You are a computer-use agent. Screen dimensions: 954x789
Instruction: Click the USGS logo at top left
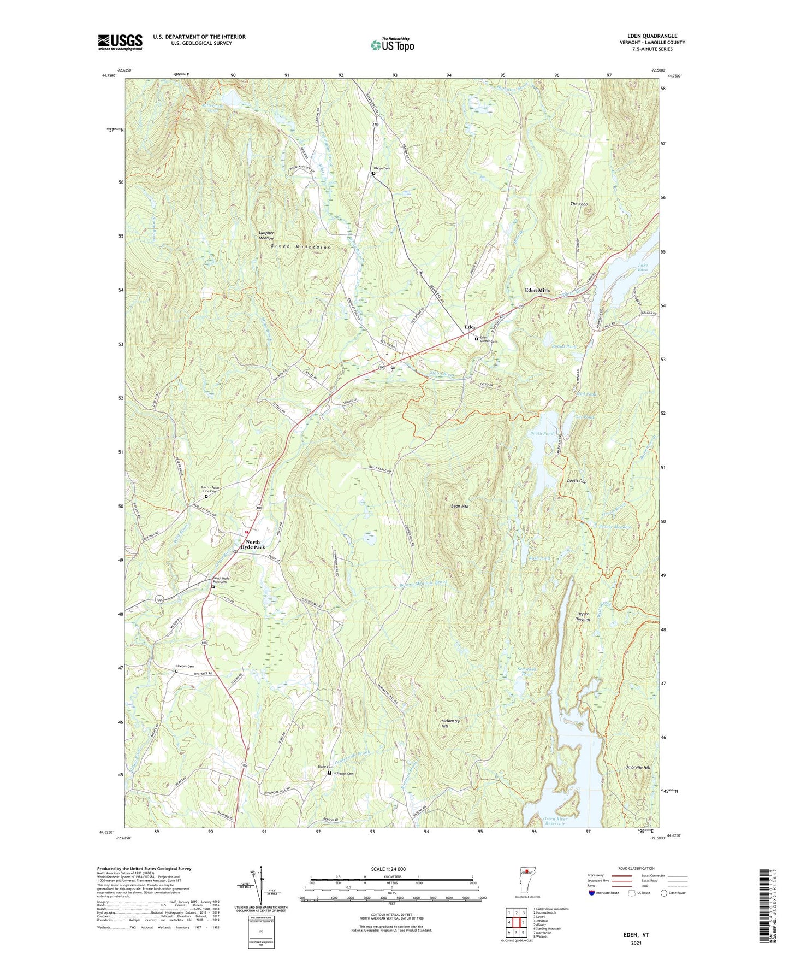tap(120, 42)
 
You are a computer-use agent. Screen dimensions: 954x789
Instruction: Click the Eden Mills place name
tap(537, 290)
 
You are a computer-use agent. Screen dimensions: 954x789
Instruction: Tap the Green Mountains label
tap(300, 247)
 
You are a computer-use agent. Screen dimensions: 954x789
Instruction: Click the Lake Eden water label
tap(643, 268)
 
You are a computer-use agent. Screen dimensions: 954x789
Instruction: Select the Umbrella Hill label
tap(638, 767)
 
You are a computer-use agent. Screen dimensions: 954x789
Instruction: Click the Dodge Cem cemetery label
tap(382, 168)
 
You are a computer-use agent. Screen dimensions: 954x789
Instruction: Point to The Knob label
tap(579, 204)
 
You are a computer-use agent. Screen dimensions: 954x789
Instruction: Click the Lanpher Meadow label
tap(266, 235)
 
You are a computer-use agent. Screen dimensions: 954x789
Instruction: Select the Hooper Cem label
tap(185, 666)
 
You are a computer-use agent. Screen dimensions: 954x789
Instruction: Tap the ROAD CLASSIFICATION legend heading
tap(636, 868)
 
